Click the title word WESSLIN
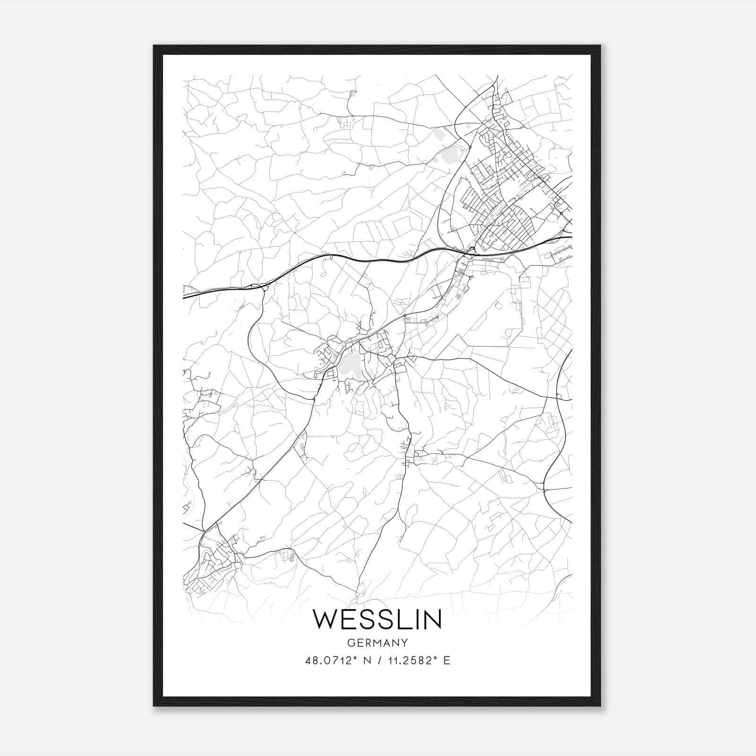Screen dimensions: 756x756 click(x=378, y=619)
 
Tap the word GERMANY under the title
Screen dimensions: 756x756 click(x=378, y=643)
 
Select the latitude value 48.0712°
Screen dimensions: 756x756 click(x=330, y=661)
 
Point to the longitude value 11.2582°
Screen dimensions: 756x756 click(x=410, y=661)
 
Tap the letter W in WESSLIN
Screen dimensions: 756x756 click(x=326, y=619)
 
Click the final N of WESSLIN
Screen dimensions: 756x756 click(x=432, y=619)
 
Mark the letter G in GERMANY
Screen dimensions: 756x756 click(x=350, y=643)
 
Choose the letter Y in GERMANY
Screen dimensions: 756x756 click(x=404, y=643)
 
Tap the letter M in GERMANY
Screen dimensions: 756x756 click(x=377, y=643)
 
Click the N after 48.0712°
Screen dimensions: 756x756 click(x=365, y=661)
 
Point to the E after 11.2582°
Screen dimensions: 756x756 click(x=447, y=661)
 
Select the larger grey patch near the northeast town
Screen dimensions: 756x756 click(x=451, y=154)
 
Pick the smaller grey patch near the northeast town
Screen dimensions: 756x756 click(x=440, y=135)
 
